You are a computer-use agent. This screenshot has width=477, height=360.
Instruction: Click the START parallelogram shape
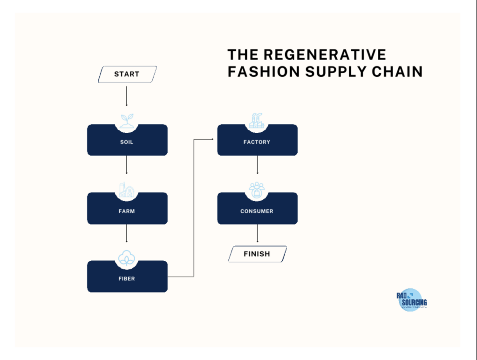[127, 74]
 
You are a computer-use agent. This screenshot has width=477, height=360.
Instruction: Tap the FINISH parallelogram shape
[257, 254]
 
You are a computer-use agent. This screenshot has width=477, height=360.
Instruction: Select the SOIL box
[127, 142]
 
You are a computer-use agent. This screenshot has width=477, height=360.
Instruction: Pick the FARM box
[127, 211]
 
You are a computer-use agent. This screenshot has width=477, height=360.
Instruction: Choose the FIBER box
[127, 279]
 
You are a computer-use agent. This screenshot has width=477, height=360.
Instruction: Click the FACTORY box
[257, 142]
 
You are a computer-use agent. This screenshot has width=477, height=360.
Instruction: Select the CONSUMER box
[257, 211]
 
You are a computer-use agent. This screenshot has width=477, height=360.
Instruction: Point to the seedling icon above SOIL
[127, 121]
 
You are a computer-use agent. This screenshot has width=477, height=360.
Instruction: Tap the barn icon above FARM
[127, 189]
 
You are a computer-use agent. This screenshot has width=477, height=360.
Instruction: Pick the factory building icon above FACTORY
[257, 121]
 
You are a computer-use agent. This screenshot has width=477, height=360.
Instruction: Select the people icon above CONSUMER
[257, 189]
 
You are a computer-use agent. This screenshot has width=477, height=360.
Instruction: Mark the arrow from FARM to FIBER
[127, 233]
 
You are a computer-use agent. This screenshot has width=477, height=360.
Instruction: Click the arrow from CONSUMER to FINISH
[257, 233]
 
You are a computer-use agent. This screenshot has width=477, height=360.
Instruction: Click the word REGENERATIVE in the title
[325, 55]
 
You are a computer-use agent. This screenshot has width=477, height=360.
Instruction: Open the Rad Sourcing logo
[411, 301]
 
